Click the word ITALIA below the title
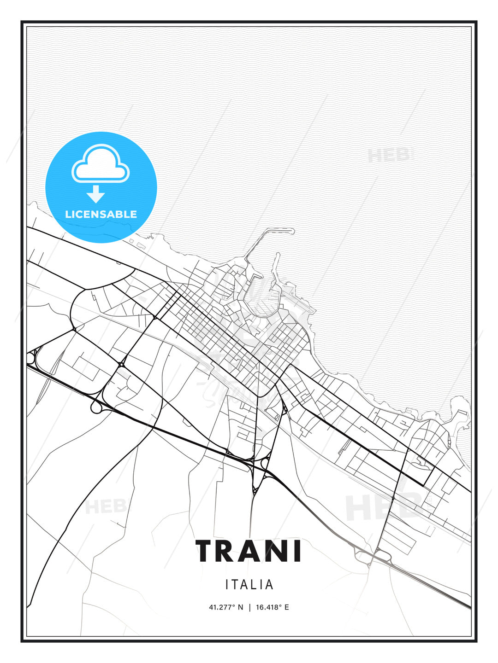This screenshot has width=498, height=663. click(249, 585)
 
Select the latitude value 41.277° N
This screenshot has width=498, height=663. click(226, 607)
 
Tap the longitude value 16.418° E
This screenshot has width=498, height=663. click(273, 607)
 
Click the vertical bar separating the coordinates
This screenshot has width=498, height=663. click(249, 607)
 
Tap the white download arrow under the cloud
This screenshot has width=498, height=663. click(96, 194)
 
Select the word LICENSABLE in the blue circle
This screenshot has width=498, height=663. click(101, 214)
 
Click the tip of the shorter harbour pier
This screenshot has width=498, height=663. click(278, 254)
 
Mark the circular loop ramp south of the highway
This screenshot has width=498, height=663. click(97, 407)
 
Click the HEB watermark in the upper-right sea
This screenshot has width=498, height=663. click(390, 156)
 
